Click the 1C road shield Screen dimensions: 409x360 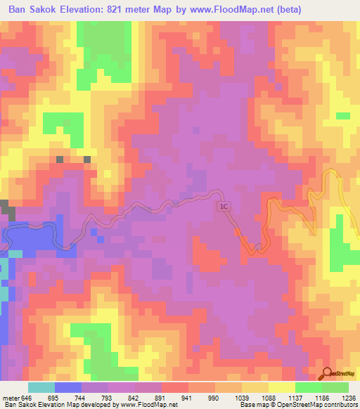click(x=223, y=207)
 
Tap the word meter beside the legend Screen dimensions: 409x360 click(x=11, y=398)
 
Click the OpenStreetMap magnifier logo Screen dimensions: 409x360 click(x=328, y=372)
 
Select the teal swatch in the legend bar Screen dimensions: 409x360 click(x=41, y=387)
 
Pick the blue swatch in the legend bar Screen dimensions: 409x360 click(x=68, y=387)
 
